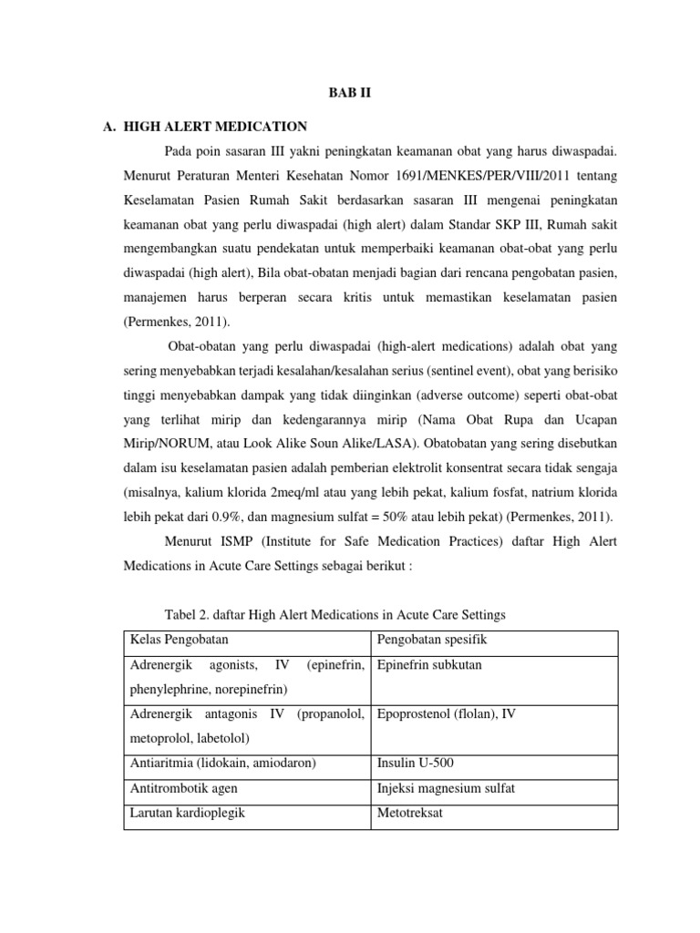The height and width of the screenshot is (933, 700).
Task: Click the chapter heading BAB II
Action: (350, 93)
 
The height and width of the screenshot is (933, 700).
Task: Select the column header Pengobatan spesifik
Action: (427, 641)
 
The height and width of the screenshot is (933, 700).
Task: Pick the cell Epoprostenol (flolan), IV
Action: (446, 713)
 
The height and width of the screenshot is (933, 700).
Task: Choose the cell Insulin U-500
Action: (410, 763)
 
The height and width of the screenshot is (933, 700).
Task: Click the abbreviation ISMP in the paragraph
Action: (239, 542)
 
